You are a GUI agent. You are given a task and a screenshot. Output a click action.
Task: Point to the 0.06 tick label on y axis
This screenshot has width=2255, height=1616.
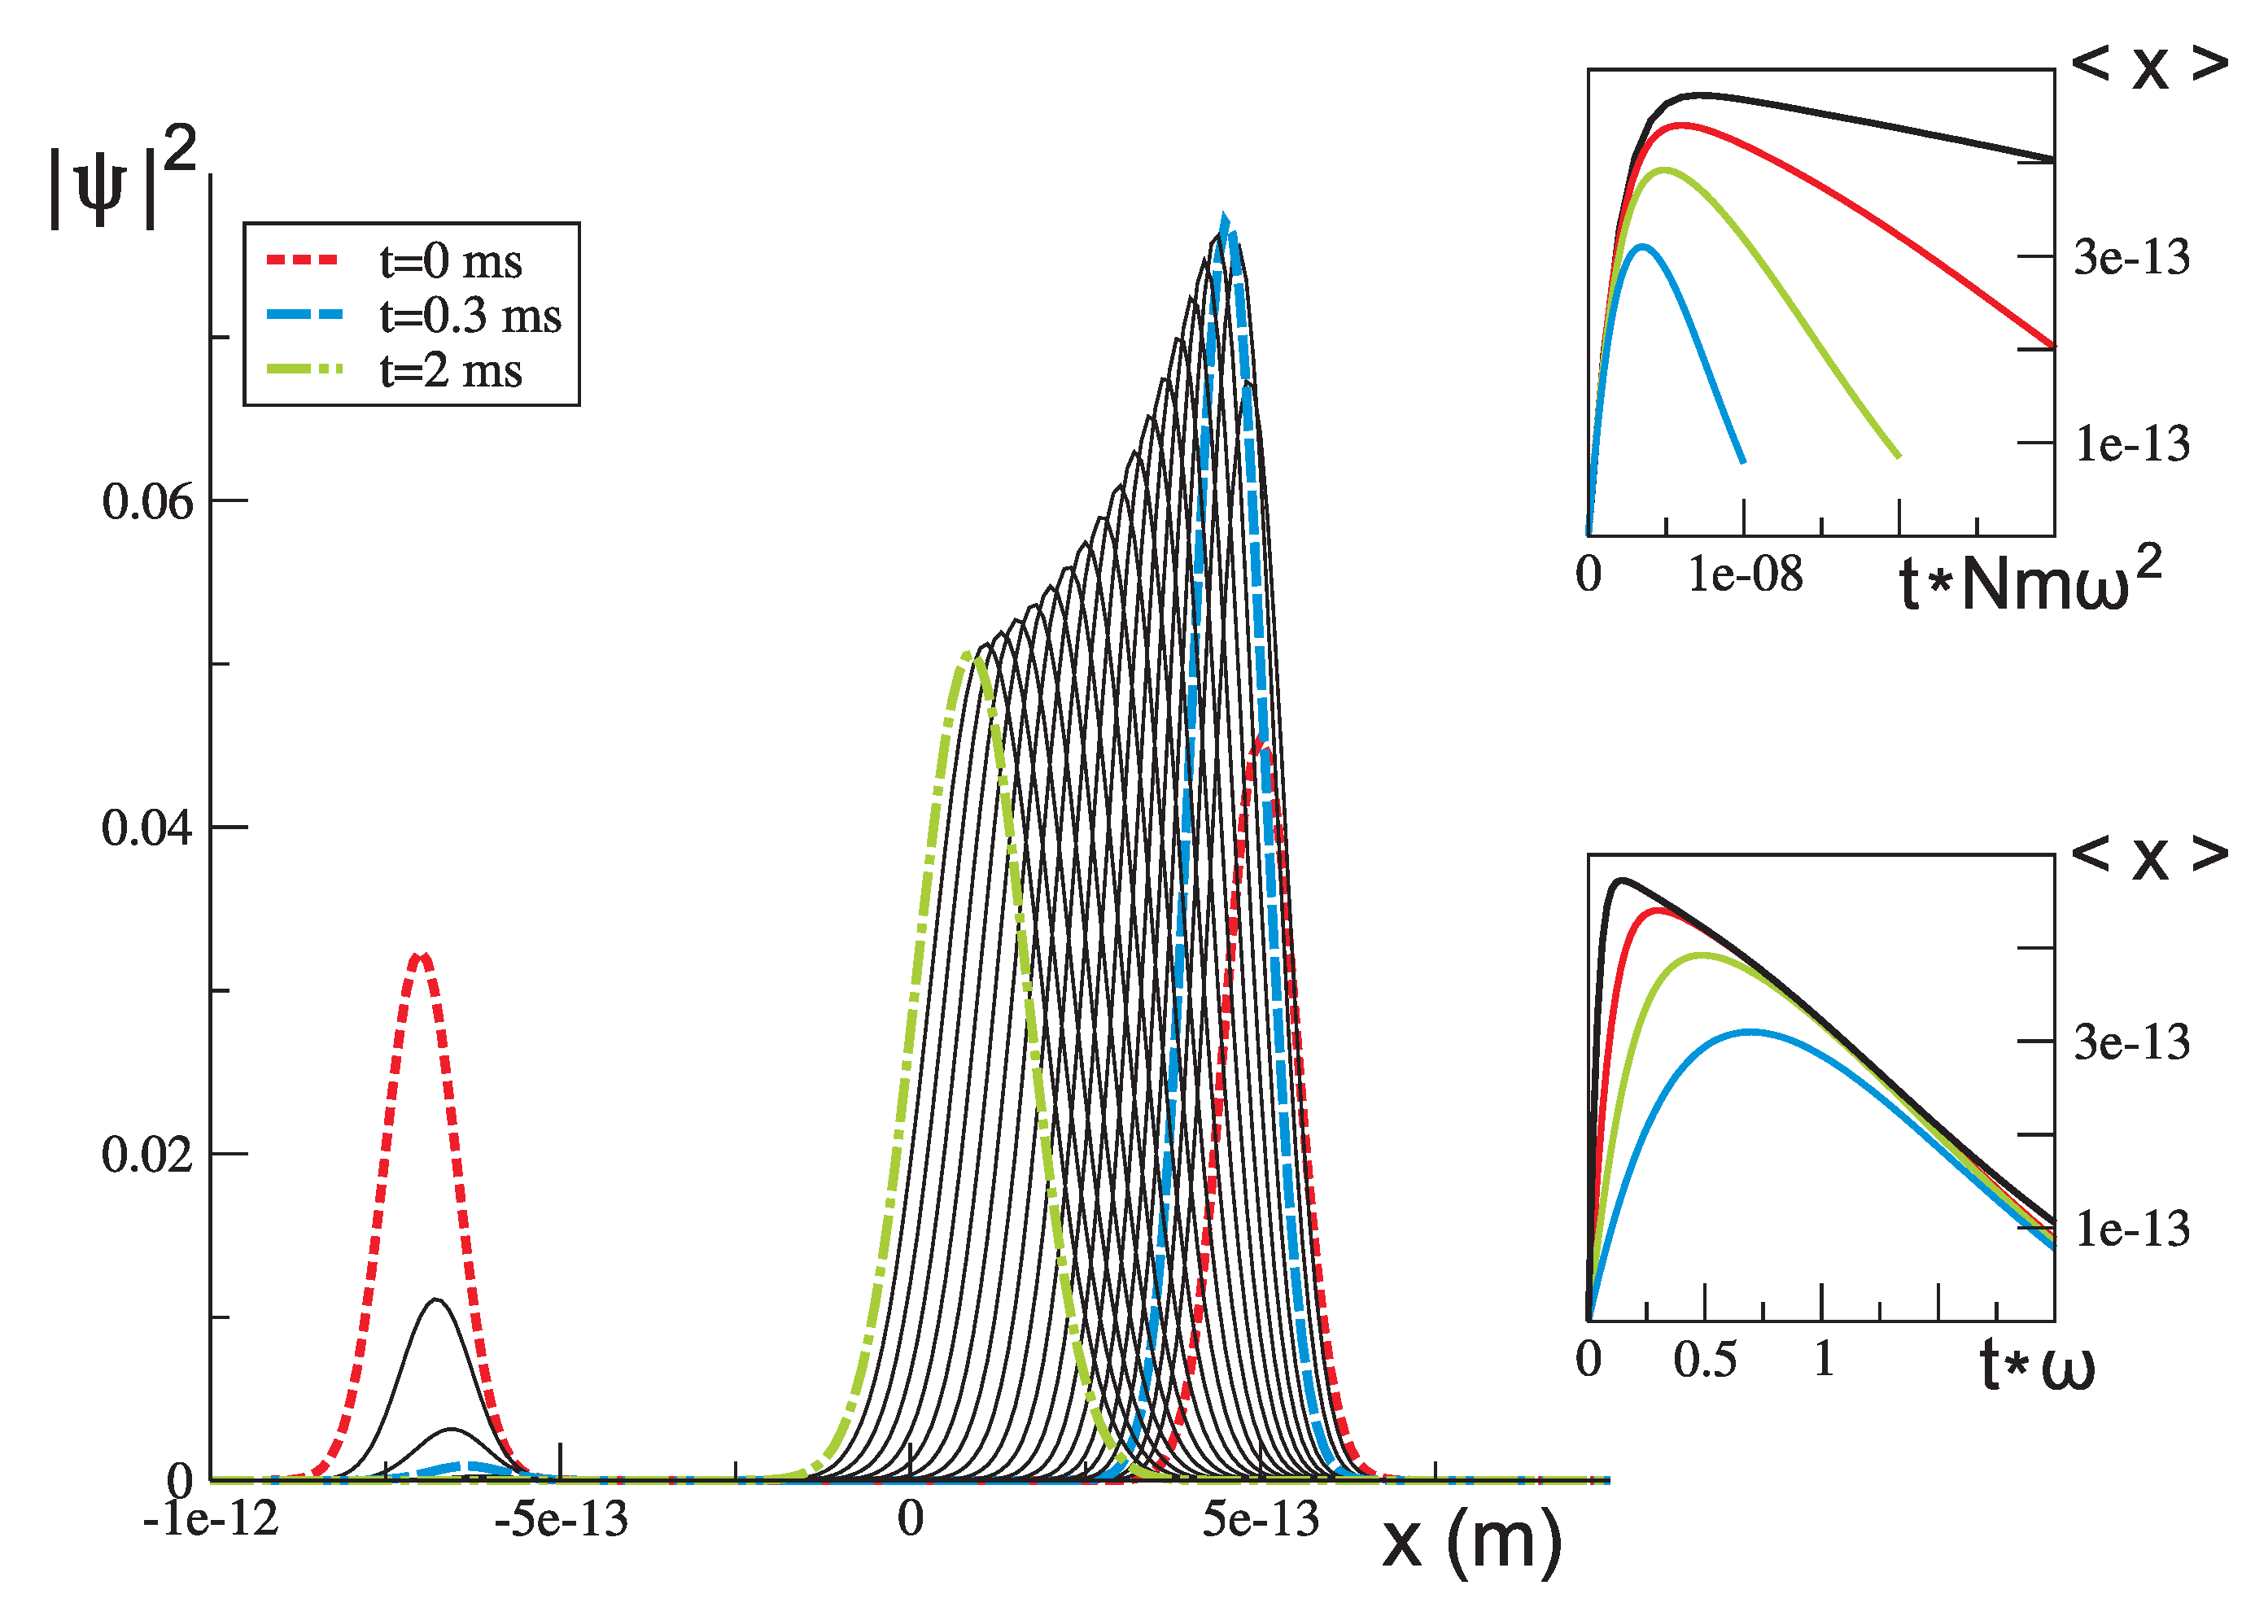tap(147, 502)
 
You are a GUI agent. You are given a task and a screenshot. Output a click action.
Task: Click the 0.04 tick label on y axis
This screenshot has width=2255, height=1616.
tap(147, 828)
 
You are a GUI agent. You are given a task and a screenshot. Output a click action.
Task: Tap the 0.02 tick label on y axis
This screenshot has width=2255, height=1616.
tap(147, 1155)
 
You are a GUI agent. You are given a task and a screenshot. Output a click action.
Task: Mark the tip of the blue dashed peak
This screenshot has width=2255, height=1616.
tap(1224, 216)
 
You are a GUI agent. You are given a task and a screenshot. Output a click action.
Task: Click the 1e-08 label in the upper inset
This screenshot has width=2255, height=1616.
tap(1745, 574)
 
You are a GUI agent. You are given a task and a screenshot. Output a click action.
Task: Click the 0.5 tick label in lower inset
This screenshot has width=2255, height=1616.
tap(1704, 1360)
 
